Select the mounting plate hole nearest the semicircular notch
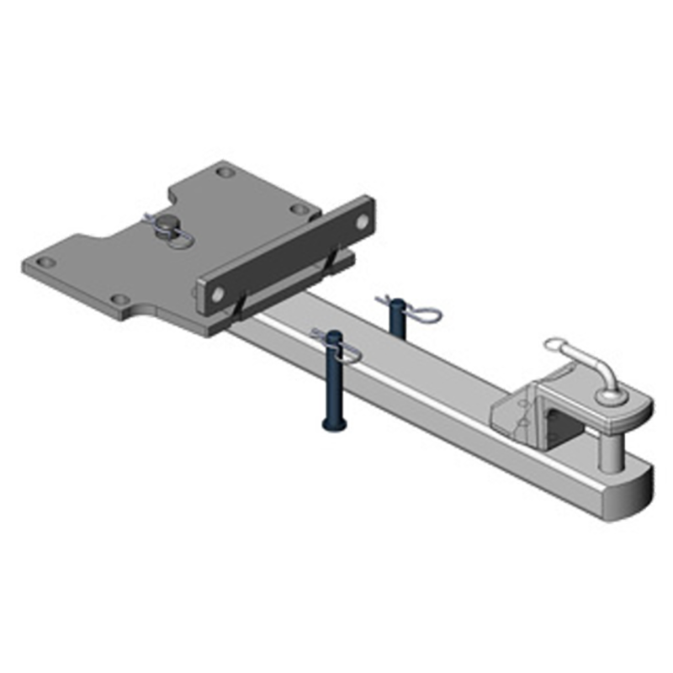click(120, 299)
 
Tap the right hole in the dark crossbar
click(362, 221)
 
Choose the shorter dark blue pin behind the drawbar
click(395, 321)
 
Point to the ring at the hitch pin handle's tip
click(554, 345)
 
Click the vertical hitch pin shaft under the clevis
click(610, 446)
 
